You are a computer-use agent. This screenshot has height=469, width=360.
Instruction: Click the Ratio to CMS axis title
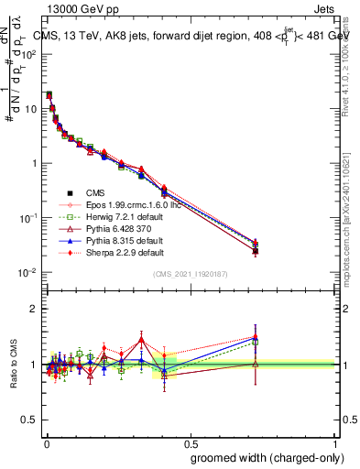pos(14,365)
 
